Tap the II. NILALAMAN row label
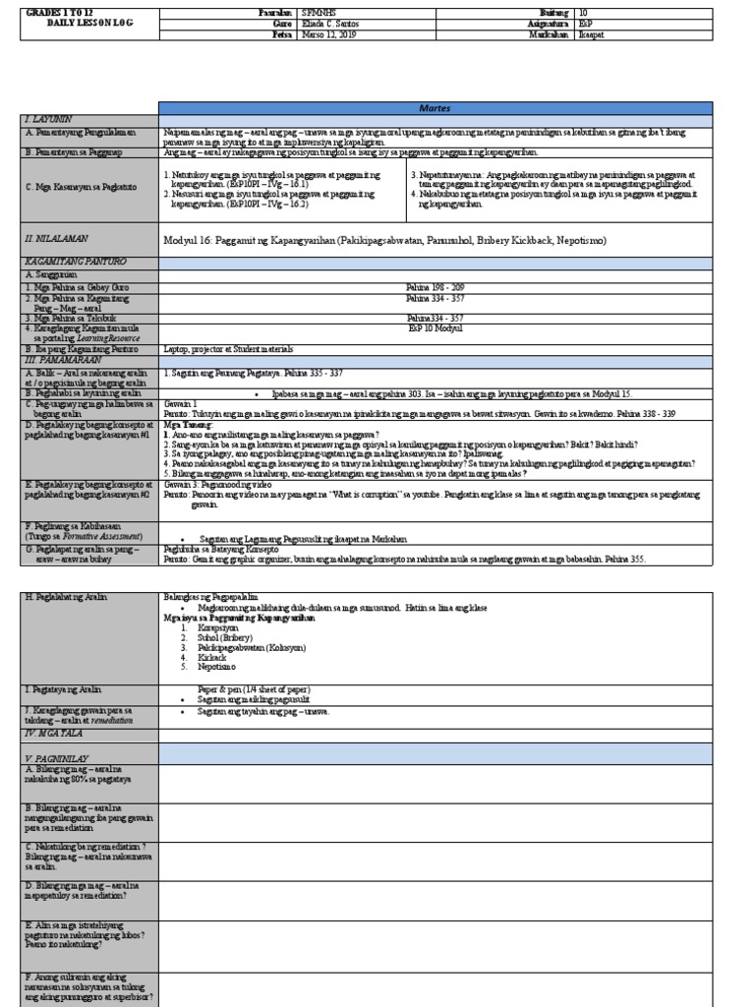coord(55,239)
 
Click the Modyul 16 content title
coord(383,240)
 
